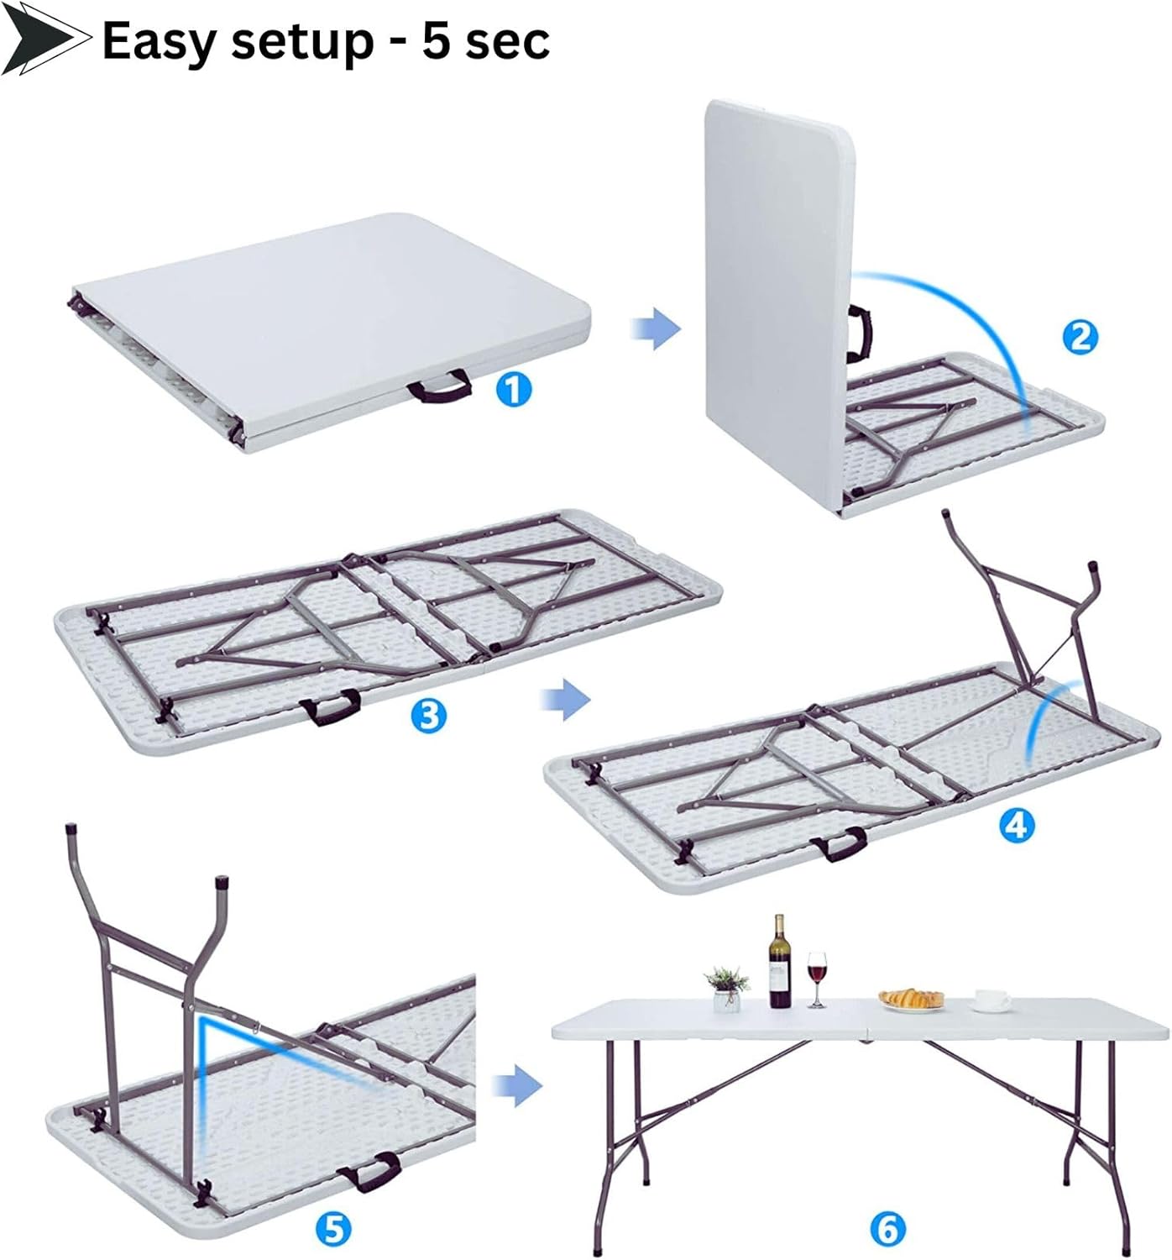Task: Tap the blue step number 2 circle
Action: coord(1080,337)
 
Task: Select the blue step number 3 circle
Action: coord(429,716)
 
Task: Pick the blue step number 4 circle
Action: coord(1017,826)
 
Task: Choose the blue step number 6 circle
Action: coord(888,1229)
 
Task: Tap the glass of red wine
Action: coord(817,979)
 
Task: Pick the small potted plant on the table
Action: coord(727,989)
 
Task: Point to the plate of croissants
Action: coord(912,1000)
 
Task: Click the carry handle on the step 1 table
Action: coord(440,386)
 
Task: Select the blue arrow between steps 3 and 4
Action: coord(565,699)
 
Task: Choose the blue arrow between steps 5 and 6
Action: coord(517,1085)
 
